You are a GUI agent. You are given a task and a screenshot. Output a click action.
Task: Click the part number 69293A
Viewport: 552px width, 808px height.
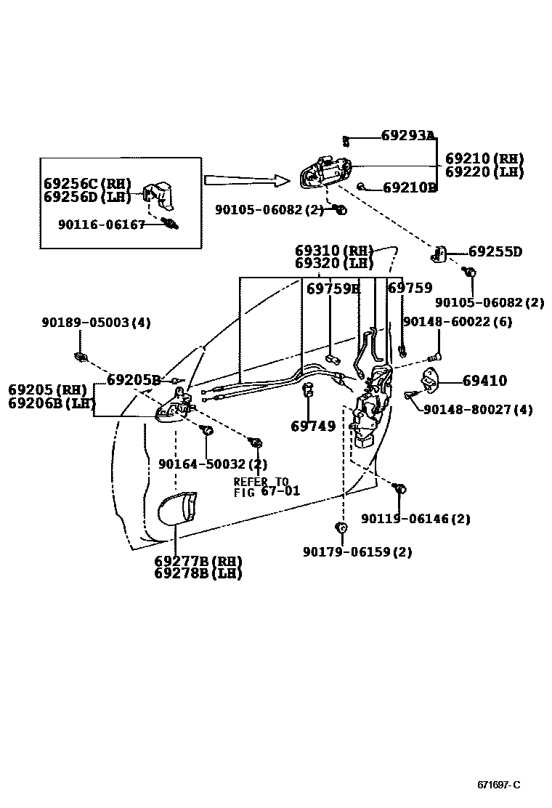pos(407,135)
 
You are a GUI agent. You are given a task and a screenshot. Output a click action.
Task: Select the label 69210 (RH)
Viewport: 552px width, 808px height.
pos(484,158)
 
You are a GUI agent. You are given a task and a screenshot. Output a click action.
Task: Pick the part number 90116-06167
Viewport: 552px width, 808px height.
pos(102,225)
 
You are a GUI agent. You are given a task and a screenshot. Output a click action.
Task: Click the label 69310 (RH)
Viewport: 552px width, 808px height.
pos(334,250)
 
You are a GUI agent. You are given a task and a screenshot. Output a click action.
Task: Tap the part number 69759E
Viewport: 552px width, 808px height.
pos(333,288)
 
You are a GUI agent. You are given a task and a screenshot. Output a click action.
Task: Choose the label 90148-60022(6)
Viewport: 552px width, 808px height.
pos(457,321)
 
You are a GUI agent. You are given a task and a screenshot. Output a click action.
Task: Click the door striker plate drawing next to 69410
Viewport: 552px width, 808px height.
pos(431,380)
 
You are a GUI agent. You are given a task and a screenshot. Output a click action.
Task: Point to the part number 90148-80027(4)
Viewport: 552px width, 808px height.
pos(478,410)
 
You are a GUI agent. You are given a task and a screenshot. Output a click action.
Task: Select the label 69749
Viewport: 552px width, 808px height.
pos(313,427)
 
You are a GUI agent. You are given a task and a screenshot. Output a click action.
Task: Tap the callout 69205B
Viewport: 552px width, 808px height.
pos(133,379)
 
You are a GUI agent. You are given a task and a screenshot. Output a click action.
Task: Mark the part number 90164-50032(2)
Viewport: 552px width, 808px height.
pos(213,464)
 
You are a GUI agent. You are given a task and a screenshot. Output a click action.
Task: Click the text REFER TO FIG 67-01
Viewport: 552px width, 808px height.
pos(266,486)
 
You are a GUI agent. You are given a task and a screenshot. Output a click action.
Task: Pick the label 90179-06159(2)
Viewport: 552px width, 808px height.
pos(357,552)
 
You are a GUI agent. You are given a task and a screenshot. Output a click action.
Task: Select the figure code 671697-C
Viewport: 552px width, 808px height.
pos(498,785)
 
